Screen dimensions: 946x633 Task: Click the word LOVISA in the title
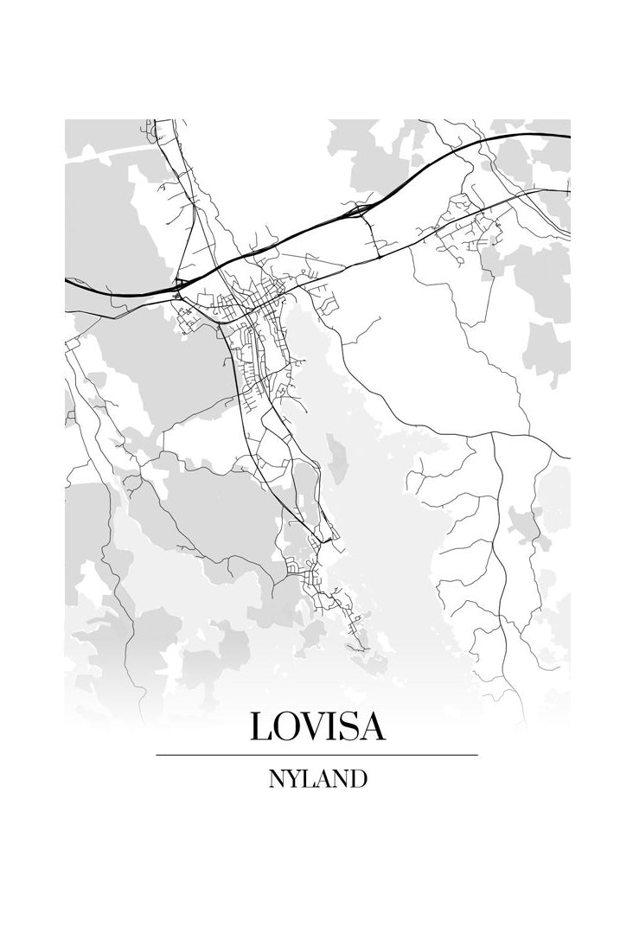point(317,725)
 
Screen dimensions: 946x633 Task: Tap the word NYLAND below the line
point(317,778)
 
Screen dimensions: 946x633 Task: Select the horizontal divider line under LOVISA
point(317,755)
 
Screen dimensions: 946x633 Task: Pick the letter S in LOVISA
point(348,725)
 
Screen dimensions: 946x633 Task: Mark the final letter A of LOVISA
point(372,725)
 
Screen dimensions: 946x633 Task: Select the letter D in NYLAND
point(359,778)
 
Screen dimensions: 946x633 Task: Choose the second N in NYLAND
point(341,778)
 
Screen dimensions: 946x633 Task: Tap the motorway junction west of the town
point(181,284)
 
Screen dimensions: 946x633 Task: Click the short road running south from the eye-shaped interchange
point(372,238)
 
